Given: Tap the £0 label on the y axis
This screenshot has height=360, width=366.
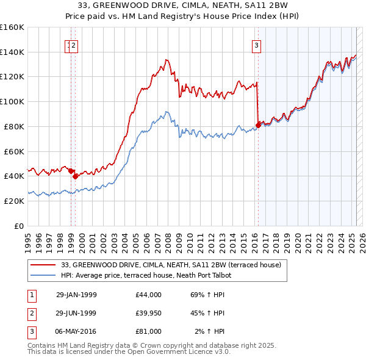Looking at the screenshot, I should point(20,226).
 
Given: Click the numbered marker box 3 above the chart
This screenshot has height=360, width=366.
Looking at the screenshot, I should point(256,45).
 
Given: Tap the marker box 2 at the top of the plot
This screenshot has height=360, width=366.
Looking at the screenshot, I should point(73,45).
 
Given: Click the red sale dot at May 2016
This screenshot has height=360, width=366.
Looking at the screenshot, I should point(258,124).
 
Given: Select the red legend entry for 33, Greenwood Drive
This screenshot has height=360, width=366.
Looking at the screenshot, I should point(171,265).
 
